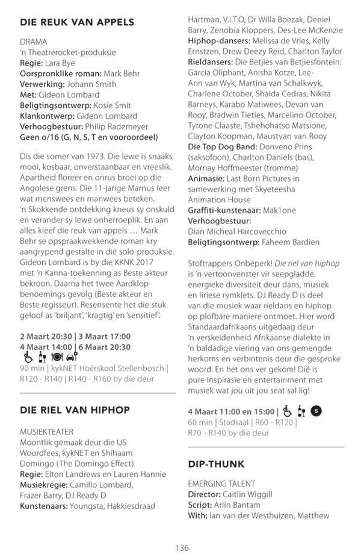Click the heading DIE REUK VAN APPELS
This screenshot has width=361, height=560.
point(77,23)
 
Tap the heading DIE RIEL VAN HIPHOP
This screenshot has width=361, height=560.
point(75,410)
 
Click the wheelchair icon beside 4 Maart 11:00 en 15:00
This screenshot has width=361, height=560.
point(288,411)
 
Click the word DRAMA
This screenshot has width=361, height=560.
point(34,42)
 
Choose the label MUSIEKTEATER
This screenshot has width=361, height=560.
point(47,432)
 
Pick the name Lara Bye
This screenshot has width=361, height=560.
point(61,63)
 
